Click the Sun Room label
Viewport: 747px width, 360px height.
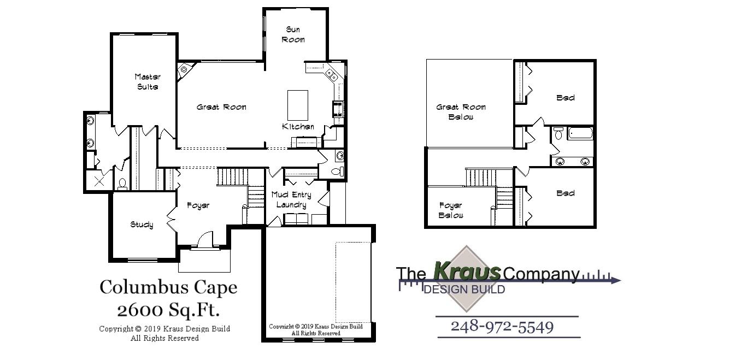coord(293,34)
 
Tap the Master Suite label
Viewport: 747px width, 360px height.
coord(147,82)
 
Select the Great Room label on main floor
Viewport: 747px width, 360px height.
coord(221,107)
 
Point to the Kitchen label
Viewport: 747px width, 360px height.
coord(298,127)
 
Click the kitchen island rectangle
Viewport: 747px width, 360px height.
coord(298,105)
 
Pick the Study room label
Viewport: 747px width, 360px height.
coord(142,225)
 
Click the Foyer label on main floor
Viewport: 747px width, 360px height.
coord(198,205)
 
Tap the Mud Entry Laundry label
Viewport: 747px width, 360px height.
coord(291,200)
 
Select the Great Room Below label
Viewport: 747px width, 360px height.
coord(461,112)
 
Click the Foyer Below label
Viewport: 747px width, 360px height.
coord(451,210)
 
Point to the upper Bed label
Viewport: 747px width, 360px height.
coord(566,98)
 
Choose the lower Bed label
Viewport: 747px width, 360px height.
coord(566,193)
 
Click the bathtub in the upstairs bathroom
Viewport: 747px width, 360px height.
coord(580,133)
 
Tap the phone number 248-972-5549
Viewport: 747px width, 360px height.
coord(502,327)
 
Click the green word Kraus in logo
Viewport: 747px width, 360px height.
coord(467,270)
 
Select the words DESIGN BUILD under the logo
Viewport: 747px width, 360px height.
coord(464,290)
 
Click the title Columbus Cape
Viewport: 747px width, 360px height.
coord(168,287)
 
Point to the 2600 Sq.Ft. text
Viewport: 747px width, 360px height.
coord(168,310)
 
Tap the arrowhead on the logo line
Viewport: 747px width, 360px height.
coord(616,281)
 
